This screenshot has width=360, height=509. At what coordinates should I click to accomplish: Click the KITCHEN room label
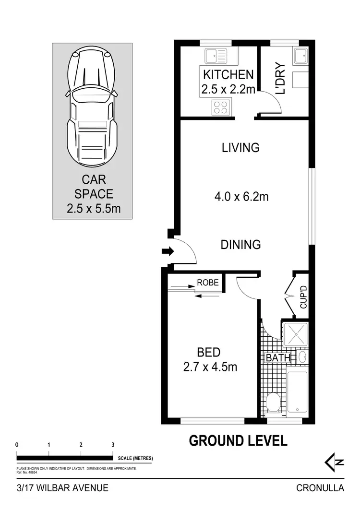228,75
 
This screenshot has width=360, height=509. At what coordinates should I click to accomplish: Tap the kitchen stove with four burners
221,107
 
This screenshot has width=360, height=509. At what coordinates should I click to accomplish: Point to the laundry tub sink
301,56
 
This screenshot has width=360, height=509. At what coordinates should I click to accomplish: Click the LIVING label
240,148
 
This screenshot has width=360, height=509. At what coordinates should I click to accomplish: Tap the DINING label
240,245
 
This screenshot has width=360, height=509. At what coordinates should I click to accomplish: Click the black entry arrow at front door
167,251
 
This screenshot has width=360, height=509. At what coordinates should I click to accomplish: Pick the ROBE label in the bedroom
208,283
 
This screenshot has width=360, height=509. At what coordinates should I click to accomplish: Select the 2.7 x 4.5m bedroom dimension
210,367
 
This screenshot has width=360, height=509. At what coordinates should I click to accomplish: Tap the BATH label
278,358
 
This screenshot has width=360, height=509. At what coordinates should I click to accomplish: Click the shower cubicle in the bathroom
295,334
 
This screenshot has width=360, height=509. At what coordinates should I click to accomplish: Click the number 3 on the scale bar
113,445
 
